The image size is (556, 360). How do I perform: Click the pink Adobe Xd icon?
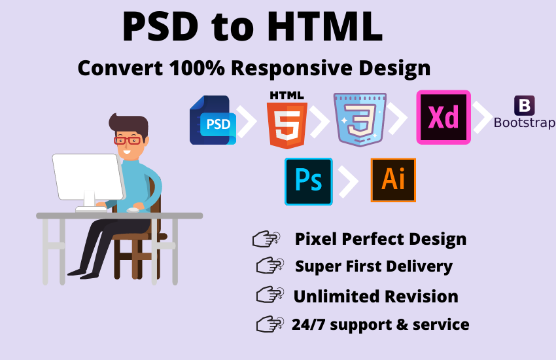443,117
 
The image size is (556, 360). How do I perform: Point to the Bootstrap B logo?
525,105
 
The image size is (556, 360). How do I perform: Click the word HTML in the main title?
323,27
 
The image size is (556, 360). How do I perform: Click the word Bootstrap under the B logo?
525,122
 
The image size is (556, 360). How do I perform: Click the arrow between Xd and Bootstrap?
483,118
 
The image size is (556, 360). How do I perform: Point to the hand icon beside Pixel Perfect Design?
266,240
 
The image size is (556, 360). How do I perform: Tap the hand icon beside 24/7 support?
269,323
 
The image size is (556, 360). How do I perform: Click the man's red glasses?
127,139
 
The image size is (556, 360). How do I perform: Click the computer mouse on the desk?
133,210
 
